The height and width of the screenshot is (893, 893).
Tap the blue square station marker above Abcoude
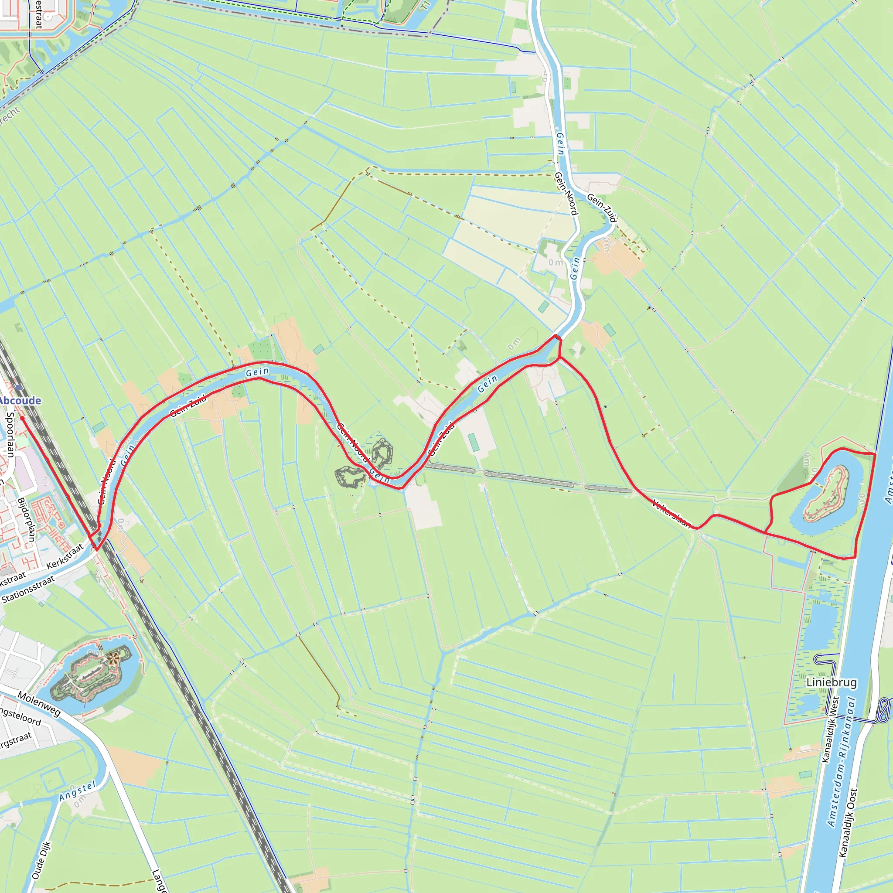(18, 387)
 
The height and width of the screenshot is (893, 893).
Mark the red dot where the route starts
(22, 418)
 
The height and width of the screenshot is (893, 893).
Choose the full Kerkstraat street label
(65, 556)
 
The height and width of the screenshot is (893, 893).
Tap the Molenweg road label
(39, 704)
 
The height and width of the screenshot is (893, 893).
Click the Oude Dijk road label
(41, 860)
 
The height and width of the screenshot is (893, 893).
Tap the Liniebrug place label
(832, 682)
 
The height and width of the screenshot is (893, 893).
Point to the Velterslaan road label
(671, 513)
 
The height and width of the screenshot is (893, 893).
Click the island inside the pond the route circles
(827, 493)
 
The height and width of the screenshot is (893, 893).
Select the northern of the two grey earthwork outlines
(382, 453)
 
